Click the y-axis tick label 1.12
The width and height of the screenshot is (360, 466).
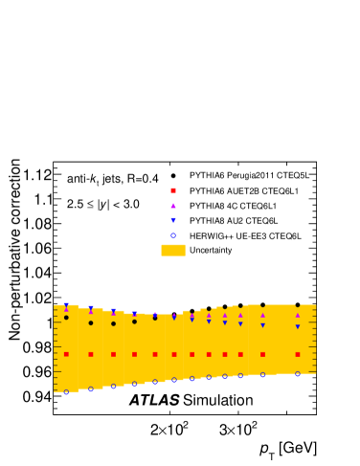click(x=37, y=175)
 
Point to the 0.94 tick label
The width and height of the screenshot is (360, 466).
click(x=37, y=397)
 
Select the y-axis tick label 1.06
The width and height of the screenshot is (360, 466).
click(x=37, y=249)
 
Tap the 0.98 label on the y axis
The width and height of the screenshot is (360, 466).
click(x=37, y=347)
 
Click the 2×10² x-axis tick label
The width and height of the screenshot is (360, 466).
click(x=169, y=429)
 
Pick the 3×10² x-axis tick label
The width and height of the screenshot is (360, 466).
click(x=238, y=429)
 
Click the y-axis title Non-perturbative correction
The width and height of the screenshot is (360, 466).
click(x=14, y=250)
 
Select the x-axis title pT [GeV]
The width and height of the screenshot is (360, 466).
click(x=288, y=451)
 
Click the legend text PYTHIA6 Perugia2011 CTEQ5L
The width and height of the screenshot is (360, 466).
click(x=249, y=175)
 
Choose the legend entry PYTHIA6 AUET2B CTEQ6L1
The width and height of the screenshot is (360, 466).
click(x=244, y=191)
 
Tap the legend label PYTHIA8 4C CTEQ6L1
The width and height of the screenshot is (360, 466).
click(x=233, y=206)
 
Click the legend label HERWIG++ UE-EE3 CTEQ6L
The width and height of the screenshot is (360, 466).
click(x=245, y=236)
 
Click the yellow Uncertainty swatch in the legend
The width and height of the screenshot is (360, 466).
click(x=173, y=251)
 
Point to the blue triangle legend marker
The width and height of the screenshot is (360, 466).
click(x=173, y=221)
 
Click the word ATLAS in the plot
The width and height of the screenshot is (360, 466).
click(x=154, y=400)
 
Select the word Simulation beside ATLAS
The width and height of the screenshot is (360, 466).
click(x=218, y=400)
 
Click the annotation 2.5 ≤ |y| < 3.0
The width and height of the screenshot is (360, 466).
click(x=103, y=204)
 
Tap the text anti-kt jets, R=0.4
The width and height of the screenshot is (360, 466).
click(x=112, y=179)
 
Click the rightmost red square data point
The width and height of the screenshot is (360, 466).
click(x=298, y=354)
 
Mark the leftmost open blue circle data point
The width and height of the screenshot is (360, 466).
click(x=66, y=392)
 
